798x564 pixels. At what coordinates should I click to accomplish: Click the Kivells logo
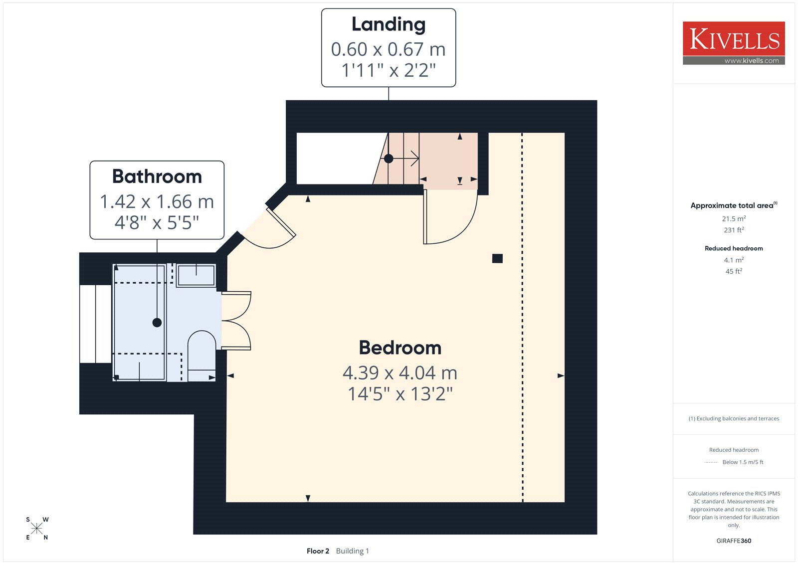(734, 43)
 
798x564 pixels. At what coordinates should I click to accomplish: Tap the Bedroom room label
(400, 348)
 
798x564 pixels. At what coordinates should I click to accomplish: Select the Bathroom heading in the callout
(157, 177)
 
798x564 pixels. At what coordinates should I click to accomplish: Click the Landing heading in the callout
(389, 24)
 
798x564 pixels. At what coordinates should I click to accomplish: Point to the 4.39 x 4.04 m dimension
(400, 373)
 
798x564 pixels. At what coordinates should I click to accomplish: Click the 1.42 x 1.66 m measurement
(157, 201)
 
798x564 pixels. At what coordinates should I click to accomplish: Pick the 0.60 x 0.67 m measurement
(389, 49)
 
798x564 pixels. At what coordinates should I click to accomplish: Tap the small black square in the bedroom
(497, 258)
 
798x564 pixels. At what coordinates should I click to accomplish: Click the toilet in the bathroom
(201, 356)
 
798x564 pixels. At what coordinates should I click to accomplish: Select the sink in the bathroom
(196, 275)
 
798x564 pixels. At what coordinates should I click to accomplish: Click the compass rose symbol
(37, 528)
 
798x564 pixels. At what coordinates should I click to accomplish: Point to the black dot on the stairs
(389, 159)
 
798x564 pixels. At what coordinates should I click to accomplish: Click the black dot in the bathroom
(157, 323)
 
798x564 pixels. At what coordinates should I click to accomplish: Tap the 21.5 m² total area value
(734, 218)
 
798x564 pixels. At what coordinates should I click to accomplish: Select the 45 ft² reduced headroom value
(734, 271)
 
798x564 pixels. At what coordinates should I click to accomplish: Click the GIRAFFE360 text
(734, 541)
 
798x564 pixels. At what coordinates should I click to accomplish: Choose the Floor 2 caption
(318, 551)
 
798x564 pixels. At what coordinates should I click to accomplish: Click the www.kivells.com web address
(751, 60)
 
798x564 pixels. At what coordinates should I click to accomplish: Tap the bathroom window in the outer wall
(95, 324)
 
